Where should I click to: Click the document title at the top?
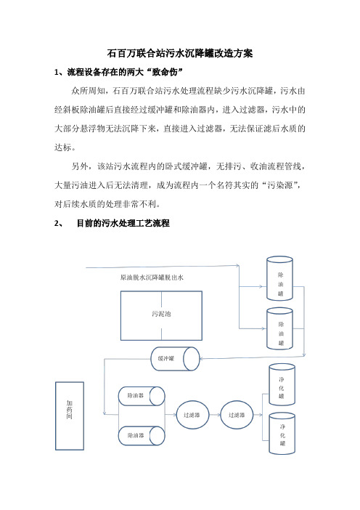point(180,53)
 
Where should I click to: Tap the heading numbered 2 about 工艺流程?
point(112,223)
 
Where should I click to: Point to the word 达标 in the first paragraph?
point(62,147)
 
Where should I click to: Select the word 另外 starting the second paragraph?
point(80,166)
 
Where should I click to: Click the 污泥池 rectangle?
point(161,315)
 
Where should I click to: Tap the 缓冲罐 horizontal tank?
point(175,359)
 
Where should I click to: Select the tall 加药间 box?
point(70,416)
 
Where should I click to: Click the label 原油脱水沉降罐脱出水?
point(152,278)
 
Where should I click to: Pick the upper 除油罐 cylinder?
point(279,278)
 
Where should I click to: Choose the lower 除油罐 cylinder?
point(279,328)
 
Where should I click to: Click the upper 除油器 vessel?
point(142,396)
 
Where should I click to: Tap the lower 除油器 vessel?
point(142,435)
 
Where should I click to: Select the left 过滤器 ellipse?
point(192,415)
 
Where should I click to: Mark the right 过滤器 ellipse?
point(237,415)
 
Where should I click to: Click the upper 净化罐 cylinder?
point(282,384)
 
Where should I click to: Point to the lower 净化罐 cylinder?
point(282,433)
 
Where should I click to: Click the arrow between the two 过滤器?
point(215,415)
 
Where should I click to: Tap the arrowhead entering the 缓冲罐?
point(202,359)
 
